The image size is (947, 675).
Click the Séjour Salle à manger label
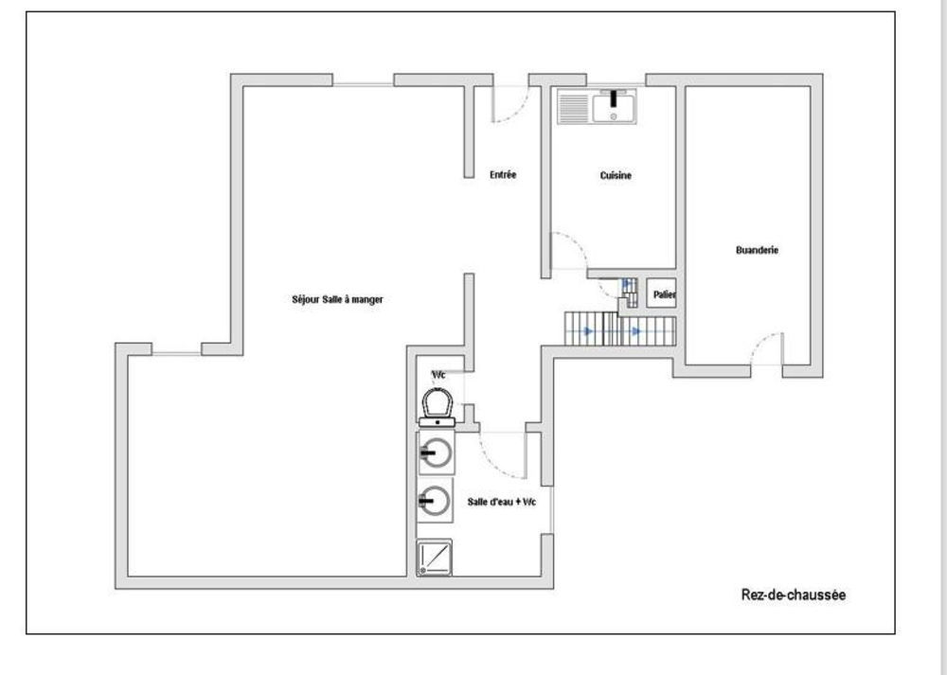(337, 299)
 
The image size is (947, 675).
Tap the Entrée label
(503, 175)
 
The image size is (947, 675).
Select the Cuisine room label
(616, 175)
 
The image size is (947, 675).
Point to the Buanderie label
(757, 251)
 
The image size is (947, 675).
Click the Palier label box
(663, 294)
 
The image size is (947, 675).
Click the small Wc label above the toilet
(438, 375)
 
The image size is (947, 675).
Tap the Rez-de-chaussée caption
(793, 595)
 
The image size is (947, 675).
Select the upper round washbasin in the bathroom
(435, 453)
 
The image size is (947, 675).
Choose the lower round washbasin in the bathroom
(435, 499)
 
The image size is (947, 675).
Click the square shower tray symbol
(435, 558)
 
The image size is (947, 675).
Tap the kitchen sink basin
(616, 106)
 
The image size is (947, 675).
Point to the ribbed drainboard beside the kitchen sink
(574, 107)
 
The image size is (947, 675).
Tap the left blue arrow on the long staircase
(588, 331)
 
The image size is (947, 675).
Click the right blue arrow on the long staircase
(636, 331)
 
